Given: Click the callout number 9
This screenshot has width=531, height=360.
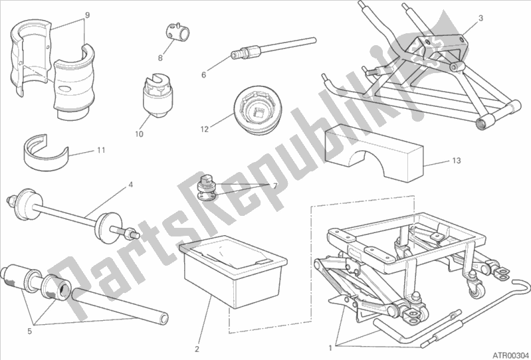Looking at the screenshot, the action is pyautogui.click(x=87, y=15).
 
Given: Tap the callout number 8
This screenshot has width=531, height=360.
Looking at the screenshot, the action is pyautogui.click(x=160, y=58).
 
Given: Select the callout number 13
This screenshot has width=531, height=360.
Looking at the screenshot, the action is pyautogui.click(x=457, y=160).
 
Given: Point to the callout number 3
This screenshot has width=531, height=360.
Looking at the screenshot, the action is pyautogui.click(x=480, y=19).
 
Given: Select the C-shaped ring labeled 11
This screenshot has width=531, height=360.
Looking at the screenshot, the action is pyautogui.click(x=45, y=152).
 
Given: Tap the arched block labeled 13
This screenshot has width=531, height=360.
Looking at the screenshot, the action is pyautogui.click(x=374, y=153).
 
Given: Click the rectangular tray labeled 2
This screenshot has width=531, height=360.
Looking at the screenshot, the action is pyautogui.click(x=233, y=272).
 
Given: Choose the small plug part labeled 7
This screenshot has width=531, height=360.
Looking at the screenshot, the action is pyautogui.click(x=207, y=187).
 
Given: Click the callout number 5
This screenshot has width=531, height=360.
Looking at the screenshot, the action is pyautogui.click(x=29, y=331).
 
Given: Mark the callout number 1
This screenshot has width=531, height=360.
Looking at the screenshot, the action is pyautogui.click(x=330, y=347).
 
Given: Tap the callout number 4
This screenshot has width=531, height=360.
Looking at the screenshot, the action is pyautogui.click(x=130, y=185).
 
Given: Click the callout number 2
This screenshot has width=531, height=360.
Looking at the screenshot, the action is pyautogui.click(x=197, y=349).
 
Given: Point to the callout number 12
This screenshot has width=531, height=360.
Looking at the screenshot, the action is pyautogui.click(x=205, y=130).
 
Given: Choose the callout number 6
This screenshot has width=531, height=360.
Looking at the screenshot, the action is pyautogui.click(x=203, y=75).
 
